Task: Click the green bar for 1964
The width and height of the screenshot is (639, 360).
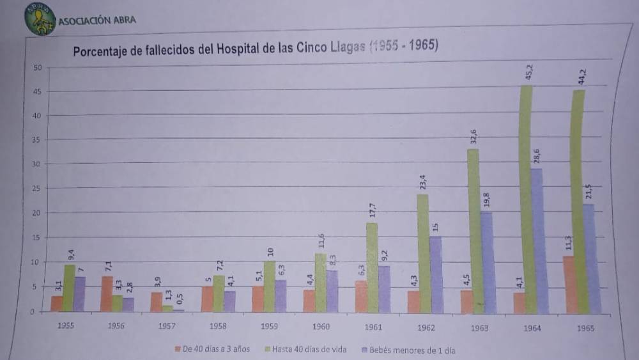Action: pyautogui.click(x=526, y=198)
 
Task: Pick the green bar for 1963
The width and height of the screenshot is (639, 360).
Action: pyautogui.click(x=473, y=230)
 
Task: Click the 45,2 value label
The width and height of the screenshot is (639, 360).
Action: pyautogui.click(x=528, y=72)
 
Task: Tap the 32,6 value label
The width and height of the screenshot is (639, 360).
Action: pyautogui.click(x=473, y=138)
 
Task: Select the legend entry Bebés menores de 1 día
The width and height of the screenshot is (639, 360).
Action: pyautogui.click(x=409, y=350)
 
